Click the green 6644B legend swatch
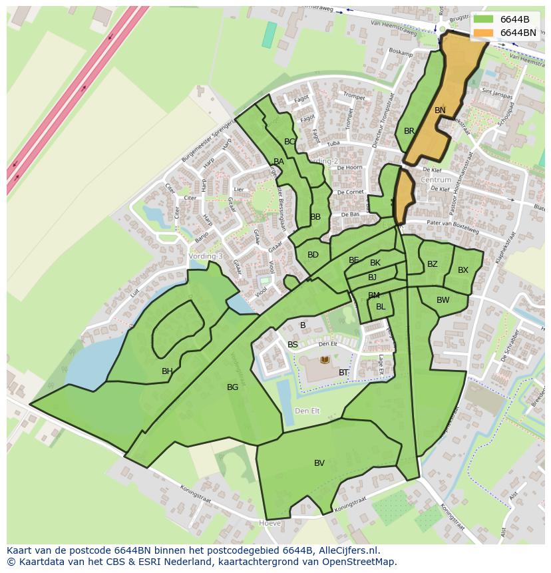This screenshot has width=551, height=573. tap(484, 19)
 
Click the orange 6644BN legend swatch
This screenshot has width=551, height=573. tap(484, 33)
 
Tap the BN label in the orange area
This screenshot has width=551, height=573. tap(440, 110)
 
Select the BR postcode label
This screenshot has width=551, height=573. tap(409, 131)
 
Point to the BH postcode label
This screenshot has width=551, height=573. tap(167, 371)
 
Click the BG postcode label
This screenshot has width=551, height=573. tap(232, 387)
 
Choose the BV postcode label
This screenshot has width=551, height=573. tap(319, 463)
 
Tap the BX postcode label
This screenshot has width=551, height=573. tap(463, 270)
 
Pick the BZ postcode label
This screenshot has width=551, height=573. tap(433, 264)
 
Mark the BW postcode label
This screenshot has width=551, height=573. tap(443, 300)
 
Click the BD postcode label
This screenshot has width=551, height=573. tap(313, 255)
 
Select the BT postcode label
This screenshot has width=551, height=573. tap(343, 373)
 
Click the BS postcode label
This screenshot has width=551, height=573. tap(293, 345)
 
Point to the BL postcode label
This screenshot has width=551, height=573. tap(381, 307)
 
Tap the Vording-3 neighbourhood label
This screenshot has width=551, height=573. tap(206, 256)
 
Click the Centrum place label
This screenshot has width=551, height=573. tap(436, 180)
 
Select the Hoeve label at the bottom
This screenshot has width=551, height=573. tap(270, 524)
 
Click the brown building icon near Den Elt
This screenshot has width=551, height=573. tap(325, 360)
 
